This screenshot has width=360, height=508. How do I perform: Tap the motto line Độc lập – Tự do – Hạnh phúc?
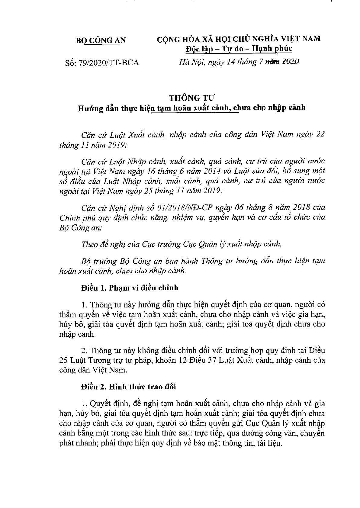click(239, 48)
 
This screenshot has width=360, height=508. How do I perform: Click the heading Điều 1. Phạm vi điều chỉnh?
click(130, 288)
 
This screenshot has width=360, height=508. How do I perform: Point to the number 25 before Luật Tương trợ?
click(64, 360)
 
